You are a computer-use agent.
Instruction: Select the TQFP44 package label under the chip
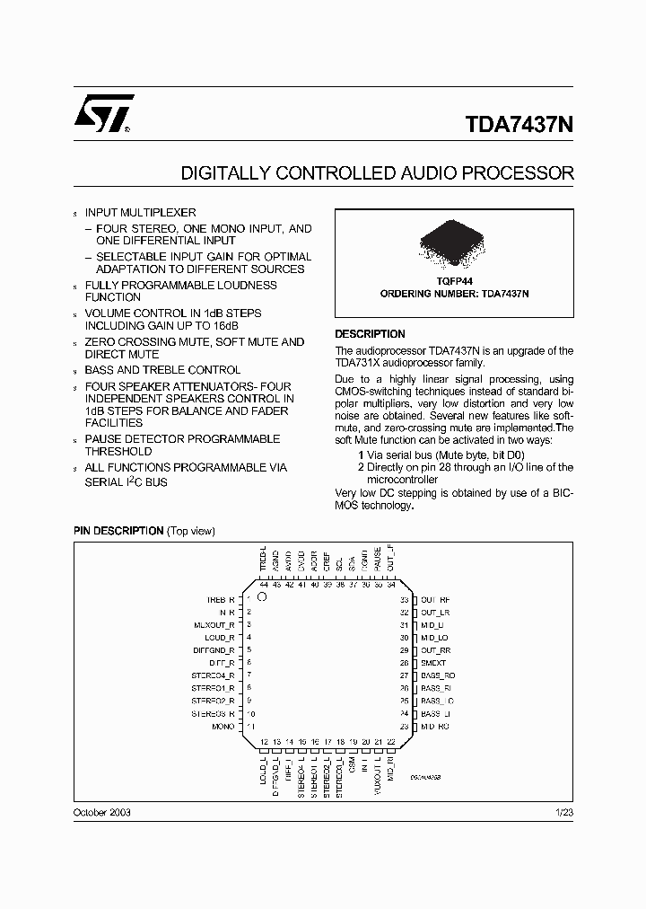pyautogui.click(x=454, y=280)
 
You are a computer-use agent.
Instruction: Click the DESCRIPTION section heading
pyautogui.click(x=370, y=334)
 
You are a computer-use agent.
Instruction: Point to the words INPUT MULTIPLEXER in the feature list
pyautogui.click(x=140, y=213)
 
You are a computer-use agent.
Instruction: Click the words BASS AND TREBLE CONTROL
pyautogui.click(x=162, y=370)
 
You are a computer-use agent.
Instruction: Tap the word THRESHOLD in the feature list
pyautogui.click(x=118, y=452)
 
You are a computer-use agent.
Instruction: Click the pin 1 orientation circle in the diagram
pyautogui.click(x=262, y=596)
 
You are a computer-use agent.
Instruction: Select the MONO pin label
pyautogui.click(x=223, y=726)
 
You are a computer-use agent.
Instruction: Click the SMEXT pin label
pyautogui.click(x=432, y=663)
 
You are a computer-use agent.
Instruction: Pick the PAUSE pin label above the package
pyautogui.click(x=378, y=560)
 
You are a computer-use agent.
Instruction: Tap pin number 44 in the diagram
pyautogui.click(x=264, y=585)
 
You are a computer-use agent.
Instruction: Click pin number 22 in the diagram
pyautogui.click(x=391, y=742)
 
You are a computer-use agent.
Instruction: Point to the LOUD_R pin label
pyautogui.click(x=220, y=637)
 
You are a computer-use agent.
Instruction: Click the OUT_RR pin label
pyautogui.click(x=435, y=649)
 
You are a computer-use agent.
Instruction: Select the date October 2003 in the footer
pyautogui.click(x=101, y=811)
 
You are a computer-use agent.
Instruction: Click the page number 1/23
pyautogui.click(x=564, y=811)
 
